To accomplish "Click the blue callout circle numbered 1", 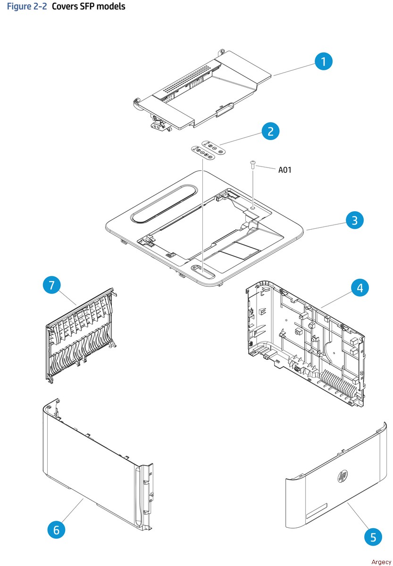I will click(x=324, y=62).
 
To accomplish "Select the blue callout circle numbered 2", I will click(x=270, y=131).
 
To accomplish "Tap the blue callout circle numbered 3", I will click(x=355, y=220).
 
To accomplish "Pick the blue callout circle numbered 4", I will click(x=360, y=288).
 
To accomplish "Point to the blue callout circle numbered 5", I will click(x=373, y=537).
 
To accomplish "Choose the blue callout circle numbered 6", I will click(x=57, y=530).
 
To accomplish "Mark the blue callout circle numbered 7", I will click(x=52, y=285).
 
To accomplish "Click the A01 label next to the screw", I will click(x=284, y=170).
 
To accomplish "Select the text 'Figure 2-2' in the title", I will click(x=26, y=7).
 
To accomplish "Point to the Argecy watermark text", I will click(x=381, y=562).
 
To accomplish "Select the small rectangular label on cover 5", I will click(x=317, y=511).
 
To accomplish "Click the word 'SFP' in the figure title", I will click(x=92, y=7).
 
